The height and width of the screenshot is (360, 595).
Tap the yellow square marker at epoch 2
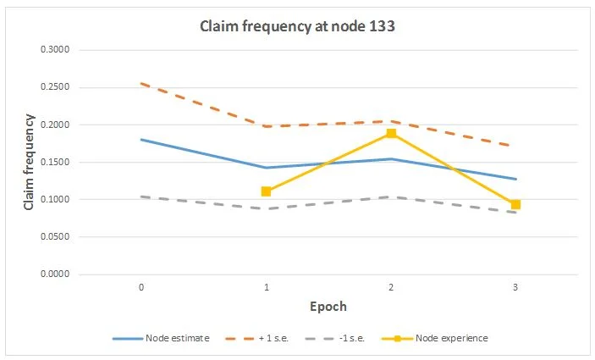[391, 134]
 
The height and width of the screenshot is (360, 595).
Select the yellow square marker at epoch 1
[266, 191]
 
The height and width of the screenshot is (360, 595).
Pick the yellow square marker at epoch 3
[515, 204]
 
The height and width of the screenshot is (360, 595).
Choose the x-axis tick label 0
[140, 288]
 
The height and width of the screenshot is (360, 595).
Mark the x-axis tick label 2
[391, 288]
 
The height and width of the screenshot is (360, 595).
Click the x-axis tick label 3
[515, 288]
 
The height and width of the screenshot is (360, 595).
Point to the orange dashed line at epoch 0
[140, 84]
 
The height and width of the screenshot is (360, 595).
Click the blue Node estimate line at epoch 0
[140, 140]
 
